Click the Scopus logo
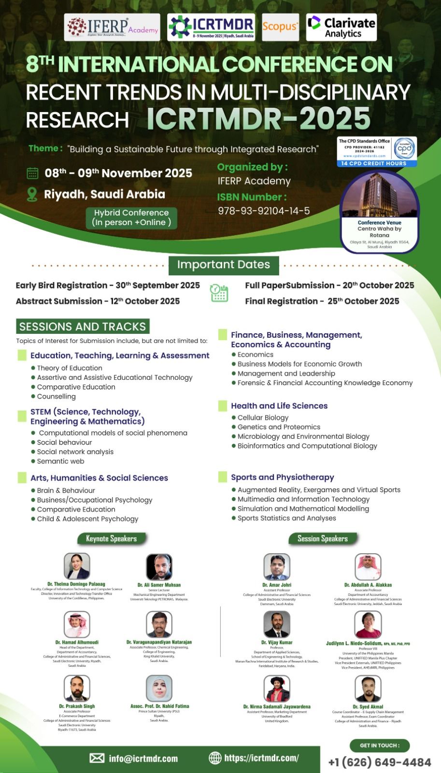pos(280,27)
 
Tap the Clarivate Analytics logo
pos(341,28)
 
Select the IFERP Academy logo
pos(112,27)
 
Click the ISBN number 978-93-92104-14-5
pos(264,211)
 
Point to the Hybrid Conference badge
pos(131,217)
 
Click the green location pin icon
pos(32,194)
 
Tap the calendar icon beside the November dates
pos(32,173)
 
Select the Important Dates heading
pos(224,265)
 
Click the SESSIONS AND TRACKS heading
pos(83,327)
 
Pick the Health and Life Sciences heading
pos(279,406)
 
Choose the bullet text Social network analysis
pos(75,452)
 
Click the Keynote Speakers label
pos(111,539)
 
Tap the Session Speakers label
pos(323,539)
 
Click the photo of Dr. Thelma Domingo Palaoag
pos(77,566)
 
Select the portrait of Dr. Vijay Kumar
pos(277,624)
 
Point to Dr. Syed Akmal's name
pos(368,707)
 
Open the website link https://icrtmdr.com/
pos(261,758)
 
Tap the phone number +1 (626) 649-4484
pos(380,762)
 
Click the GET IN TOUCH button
pos(380,745)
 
